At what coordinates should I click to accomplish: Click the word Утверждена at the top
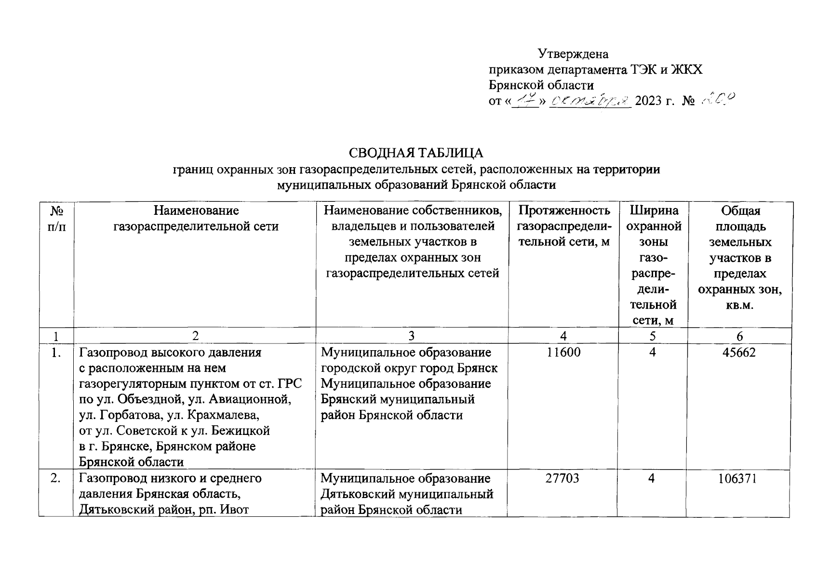[573, 53]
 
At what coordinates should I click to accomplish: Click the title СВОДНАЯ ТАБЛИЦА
[415, 153]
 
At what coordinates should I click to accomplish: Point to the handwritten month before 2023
[590, 100]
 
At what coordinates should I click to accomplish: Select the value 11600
[563, 352]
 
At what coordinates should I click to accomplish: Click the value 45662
[739, 352]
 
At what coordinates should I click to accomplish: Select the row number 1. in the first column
[56, 352]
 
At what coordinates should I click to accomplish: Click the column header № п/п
[56, 218]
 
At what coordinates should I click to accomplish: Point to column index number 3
[411, 336]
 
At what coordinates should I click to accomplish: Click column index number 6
[740, 336]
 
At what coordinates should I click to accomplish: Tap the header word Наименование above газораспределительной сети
[196, 210]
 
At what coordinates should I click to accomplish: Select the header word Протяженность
[563, 210]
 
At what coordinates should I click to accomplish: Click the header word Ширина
[654, 210]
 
